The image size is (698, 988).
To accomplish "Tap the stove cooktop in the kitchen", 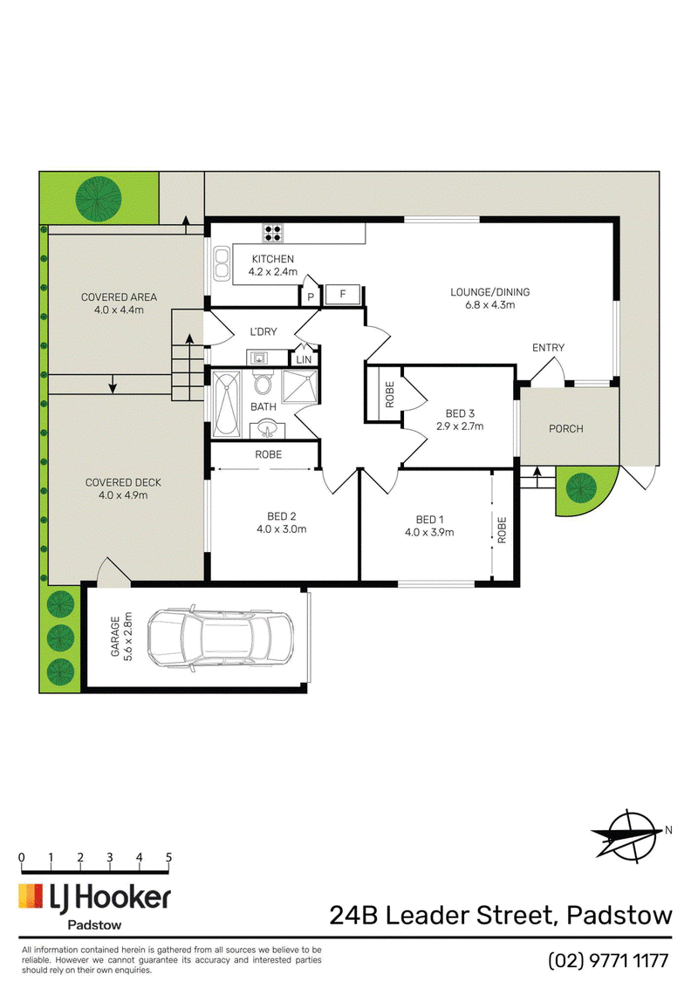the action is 273,233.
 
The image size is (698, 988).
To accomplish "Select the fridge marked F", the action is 343,294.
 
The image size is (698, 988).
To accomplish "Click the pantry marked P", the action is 311,296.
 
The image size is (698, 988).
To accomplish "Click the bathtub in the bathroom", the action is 227,404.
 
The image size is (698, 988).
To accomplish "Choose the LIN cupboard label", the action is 304,360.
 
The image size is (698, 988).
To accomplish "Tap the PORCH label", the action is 565,428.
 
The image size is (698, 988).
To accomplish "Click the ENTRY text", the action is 548,347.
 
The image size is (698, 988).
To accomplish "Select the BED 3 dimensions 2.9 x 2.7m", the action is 460,426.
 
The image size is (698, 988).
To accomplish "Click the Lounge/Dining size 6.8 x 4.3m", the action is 490,305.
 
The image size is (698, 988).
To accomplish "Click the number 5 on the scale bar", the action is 168,857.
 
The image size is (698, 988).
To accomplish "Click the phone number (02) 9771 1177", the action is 608,960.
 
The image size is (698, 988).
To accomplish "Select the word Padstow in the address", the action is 619,915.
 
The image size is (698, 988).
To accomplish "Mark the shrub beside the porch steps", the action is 581,486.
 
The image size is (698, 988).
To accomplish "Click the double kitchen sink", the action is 221,263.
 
